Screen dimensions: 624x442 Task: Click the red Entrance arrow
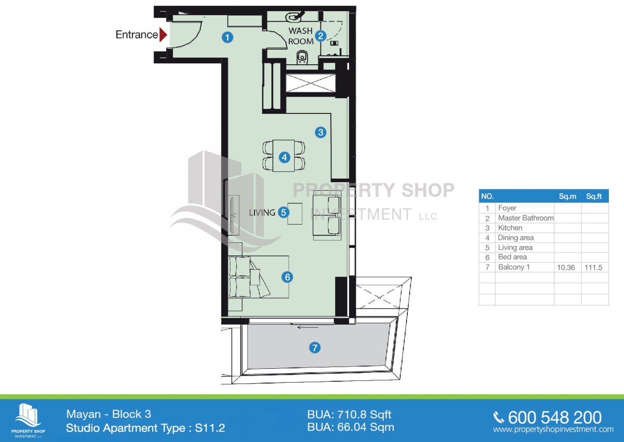pyautogui.click(x=163, y=35)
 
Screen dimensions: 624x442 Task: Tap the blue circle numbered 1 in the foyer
pyautogui.click(x=227, y=37)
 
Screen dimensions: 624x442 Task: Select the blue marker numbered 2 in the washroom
pyautogui.click(x=321, y=36)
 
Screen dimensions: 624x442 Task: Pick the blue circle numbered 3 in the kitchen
pyautogui.click(x=321, y=132)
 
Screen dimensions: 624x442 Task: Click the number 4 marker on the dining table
pyautogui.click(x=284, y=158)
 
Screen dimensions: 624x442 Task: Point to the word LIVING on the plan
pyautogui.click(x=262, y=213)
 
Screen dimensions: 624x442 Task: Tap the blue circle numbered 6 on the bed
pyautogui.click(x=287, y=277)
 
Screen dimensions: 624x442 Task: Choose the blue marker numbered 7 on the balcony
pyautogui.click(x=315, y=348)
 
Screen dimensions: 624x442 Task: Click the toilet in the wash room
pyautogui.click(x=302, y=57)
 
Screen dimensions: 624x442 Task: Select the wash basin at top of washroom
pyautogui.click(x=294, y=17)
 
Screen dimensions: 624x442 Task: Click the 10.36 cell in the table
pyautogui.click(x=566, y=267)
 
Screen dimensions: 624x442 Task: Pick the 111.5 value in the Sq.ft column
pyautogui.click(x=593, y=267)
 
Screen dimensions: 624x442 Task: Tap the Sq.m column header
pyautogui.click(x=568, y=196)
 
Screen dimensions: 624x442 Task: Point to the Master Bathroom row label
pyautogui.click(x=526, y=218)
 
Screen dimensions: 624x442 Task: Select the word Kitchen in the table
pyautogui.click(x=510, y=228)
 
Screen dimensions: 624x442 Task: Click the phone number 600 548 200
pyautogui.click(x=555, y=417)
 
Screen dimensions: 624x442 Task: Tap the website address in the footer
pyautogui.click(x=553, y=429)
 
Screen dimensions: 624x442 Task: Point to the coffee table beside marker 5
pyautogui.click(x=295, y=214)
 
